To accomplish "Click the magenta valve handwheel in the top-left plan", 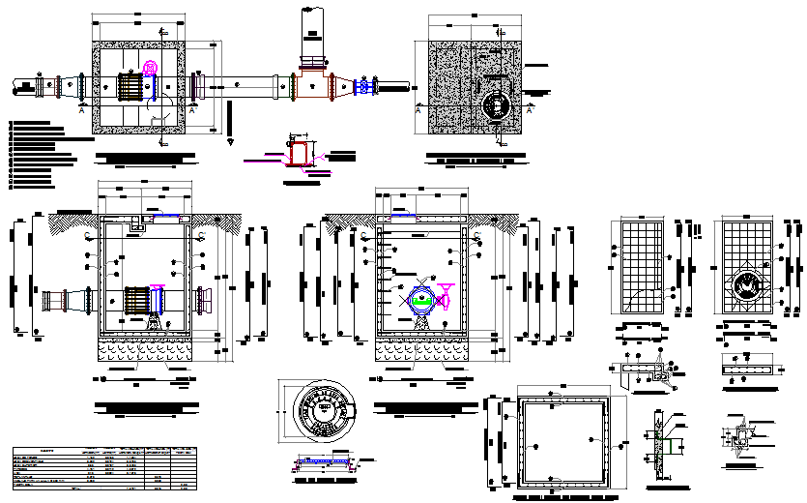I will pyautogui.click(x=150, y=69).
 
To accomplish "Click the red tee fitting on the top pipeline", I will pyautogui.click(x=311, y=85).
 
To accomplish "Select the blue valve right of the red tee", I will pyautogui.click(x=363, y=88).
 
